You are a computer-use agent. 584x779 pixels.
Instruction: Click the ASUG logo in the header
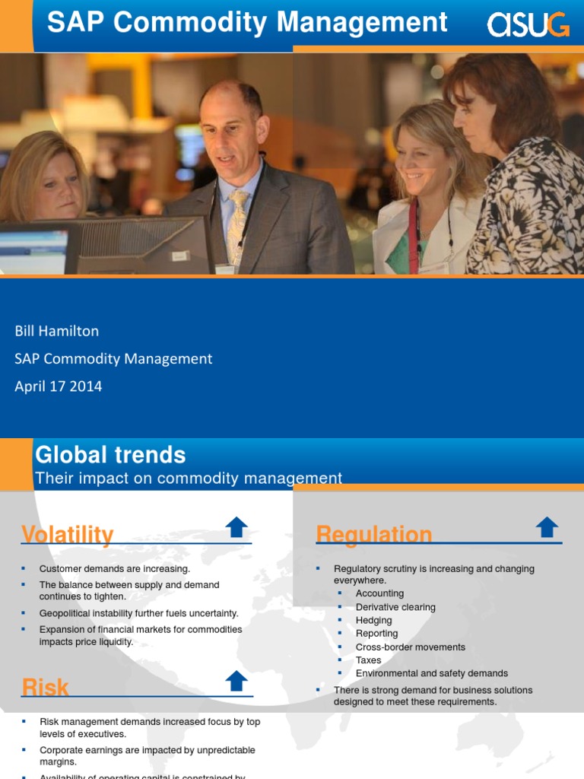(x=528, y=25)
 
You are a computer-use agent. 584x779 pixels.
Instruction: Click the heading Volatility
(x=68, y=535)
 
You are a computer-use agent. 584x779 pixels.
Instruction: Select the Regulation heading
(x=373, y=535)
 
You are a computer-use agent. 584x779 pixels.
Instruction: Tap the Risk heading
(x=45, y=688)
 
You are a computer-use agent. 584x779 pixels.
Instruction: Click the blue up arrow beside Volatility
(x=237, y=526)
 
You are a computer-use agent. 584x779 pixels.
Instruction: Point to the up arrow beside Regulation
(x=547, y=526)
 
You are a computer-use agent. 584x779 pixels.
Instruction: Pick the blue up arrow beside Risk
(x=237, y=680)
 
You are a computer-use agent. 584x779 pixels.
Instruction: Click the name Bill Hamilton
(x=57, y=331)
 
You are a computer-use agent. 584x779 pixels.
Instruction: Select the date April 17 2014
(x=59, y=386)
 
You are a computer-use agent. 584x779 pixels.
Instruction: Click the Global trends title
(x=110, y=455)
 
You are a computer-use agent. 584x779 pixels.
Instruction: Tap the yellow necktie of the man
(x=238, y=225)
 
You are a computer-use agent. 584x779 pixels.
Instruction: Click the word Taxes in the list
(x=368, y=660)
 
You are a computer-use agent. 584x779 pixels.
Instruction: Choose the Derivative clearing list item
(x=395, y=607)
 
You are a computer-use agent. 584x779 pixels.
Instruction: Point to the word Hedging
(x=373, y=620)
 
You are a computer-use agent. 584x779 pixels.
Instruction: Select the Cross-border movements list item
(x=410, y=647)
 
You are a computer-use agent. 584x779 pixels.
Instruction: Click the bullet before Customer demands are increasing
(x=23, y=568)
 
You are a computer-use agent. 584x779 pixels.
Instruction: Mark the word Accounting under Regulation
(x=379, y=593)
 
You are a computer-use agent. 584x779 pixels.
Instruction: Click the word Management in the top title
(x=362, y=23)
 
